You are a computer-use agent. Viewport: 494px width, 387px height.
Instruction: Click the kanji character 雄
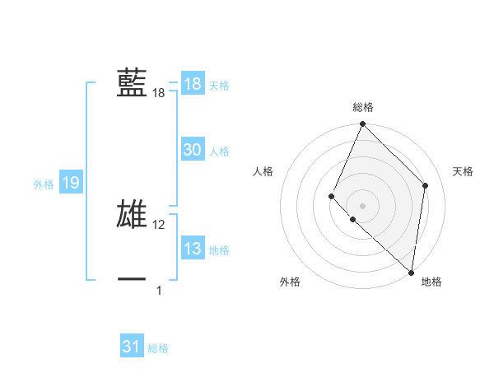pos(132,212)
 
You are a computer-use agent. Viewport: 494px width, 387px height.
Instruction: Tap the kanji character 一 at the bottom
pos(132,279)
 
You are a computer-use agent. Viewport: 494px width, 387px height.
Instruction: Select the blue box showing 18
pos(192,84)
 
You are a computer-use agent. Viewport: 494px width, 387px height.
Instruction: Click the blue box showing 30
pos(192,150)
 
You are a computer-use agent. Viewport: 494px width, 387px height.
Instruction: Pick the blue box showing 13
pos(192,249)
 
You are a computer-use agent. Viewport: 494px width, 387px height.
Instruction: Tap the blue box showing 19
pos(71,183)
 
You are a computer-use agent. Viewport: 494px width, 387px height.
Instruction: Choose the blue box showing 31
pos(132,347)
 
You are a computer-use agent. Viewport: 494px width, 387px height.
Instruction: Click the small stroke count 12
pos(159,225)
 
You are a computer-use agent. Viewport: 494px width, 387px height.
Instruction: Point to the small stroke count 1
pos(159,290)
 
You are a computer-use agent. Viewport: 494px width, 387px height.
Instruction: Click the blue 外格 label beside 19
pos(44,184)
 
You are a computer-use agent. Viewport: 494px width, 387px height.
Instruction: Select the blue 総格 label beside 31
pos(158,349)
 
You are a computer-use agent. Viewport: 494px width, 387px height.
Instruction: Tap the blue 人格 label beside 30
pos(219,152)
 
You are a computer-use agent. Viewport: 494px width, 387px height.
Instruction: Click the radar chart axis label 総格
pos(363,107)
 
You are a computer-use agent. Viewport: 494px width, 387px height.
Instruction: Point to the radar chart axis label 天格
pos(464,171)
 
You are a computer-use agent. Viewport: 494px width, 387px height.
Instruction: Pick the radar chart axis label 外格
pos(290,282)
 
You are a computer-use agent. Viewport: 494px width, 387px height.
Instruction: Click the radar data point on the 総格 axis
pos(363,124)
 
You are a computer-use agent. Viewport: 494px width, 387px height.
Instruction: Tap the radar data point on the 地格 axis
pos(411,273)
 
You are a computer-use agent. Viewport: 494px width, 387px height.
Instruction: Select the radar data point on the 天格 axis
pos(426,185)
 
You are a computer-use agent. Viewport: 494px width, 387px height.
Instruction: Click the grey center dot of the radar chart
pos(363,205)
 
